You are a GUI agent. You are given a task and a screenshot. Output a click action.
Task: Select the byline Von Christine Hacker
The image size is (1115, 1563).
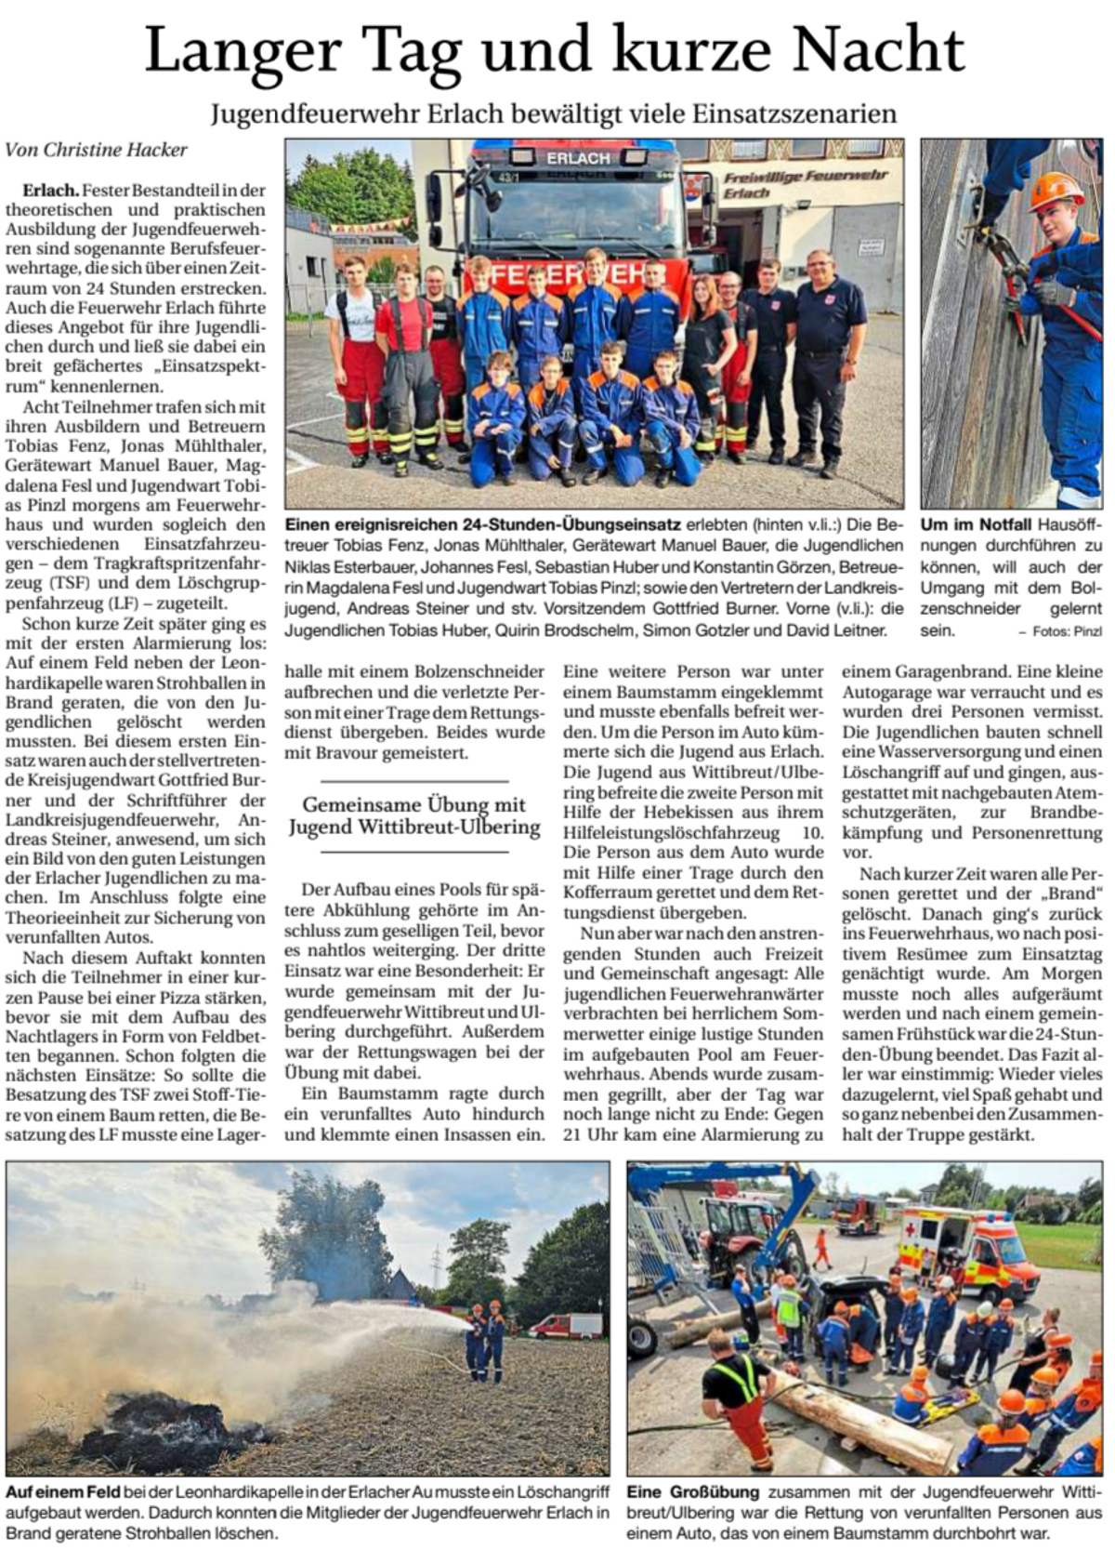[97, 149]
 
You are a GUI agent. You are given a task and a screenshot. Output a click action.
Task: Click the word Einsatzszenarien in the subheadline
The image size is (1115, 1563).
[794, 114]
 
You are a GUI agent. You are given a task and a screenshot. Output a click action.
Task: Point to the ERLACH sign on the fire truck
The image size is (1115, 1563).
[578, 158]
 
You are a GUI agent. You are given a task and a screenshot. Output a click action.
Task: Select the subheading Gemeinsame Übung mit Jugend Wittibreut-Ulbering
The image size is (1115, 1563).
[414, 815]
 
